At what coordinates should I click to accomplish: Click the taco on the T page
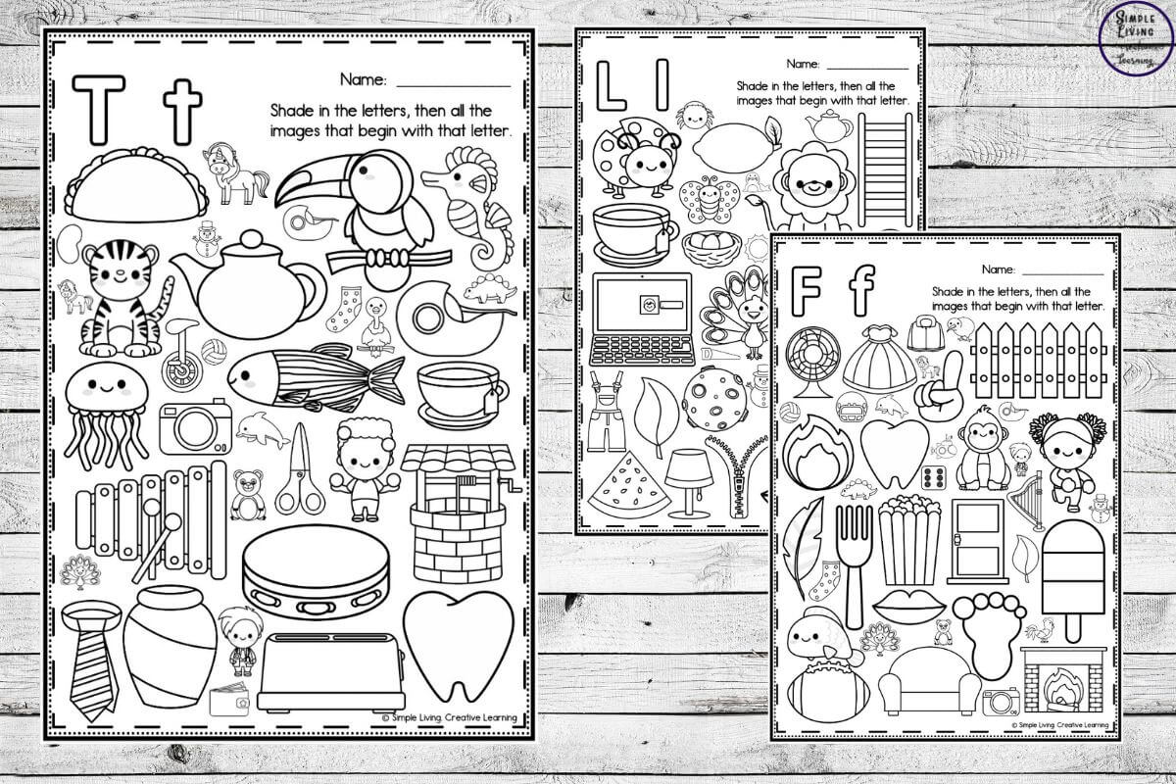135,186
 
